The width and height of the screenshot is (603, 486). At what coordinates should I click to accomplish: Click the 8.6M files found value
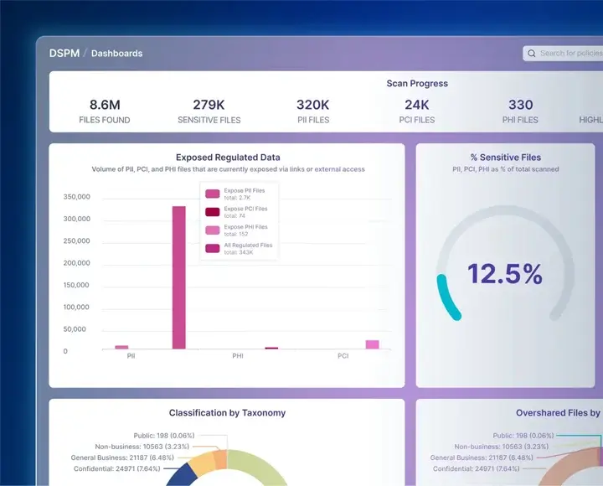point(105,105)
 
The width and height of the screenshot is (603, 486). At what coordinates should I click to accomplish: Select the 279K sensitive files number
point(209,105)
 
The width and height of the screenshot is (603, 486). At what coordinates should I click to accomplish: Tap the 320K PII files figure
point(312,105)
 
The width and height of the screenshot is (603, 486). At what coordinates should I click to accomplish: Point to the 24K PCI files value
point(416,105)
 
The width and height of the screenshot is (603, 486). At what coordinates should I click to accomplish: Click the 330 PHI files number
point(520,105)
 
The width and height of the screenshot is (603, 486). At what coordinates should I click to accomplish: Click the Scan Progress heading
point(417,84)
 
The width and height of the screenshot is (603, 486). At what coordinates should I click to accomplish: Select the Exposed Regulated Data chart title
point(228,157)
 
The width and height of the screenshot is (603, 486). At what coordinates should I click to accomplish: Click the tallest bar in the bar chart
point(178,277)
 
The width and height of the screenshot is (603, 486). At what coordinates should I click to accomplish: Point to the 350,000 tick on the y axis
point(76,197)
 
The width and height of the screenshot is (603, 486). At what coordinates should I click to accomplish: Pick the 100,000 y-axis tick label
point(76,307)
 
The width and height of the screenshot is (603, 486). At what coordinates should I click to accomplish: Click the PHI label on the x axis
point(238,356)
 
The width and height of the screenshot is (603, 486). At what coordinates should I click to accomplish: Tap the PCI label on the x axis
point(343,356)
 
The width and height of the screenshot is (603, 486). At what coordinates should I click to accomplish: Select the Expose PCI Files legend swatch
point(213,211)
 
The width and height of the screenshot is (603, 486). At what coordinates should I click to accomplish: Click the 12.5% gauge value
point(504,274)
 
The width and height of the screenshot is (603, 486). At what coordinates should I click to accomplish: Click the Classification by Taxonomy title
point(227,413)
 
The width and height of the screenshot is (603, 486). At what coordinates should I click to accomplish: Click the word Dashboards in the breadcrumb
point(116,54)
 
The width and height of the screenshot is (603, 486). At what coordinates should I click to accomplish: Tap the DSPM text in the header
point(64,53)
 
